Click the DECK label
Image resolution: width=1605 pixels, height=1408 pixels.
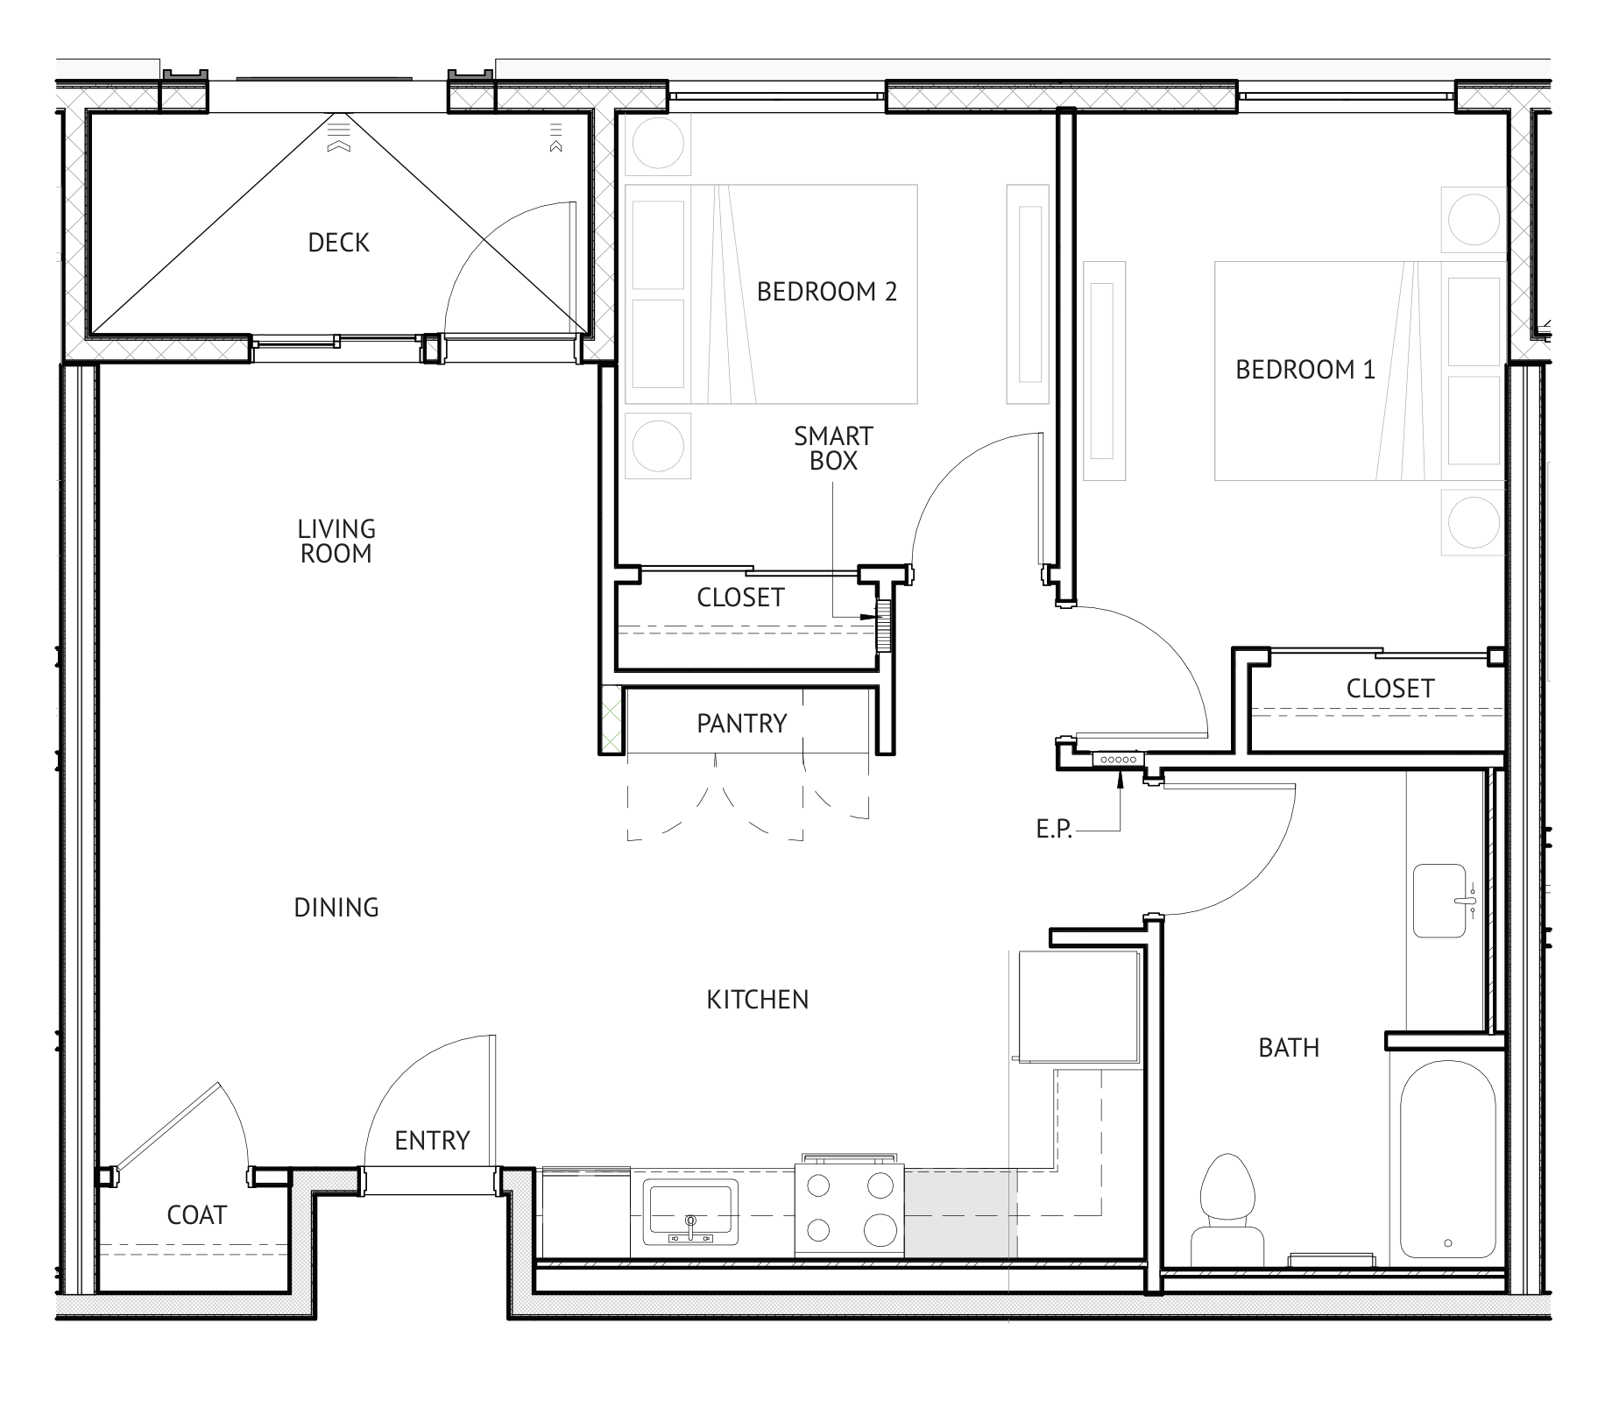pos(338,243)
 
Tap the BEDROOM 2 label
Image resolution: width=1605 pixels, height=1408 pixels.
pos(827,292)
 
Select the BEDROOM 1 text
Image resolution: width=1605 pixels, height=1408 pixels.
pos(1305,370)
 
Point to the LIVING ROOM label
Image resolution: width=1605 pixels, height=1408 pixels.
pos(336,541)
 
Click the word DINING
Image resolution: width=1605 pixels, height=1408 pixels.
pos(336,908)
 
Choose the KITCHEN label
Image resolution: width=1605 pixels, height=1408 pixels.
pos(758,1000)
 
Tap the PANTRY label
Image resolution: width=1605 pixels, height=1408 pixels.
pos(742,724)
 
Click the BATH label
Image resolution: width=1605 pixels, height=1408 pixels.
pos(1289,1048)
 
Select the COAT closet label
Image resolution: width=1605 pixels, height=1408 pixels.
pos(197,1215)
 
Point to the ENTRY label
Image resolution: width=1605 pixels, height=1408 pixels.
pos(432,1141)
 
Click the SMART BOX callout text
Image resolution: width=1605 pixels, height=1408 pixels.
pos(833,449)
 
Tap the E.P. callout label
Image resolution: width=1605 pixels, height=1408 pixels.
pos(1054,830)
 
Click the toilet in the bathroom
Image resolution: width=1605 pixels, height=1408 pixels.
pos(1227,1209)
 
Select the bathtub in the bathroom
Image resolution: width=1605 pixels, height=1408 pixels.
pos(1446,1159)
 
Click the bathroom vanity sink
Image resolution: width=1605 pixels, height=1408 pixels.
pos(1440,901)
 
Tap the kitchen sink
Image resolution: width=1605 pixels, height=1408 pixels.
pos(690,1212)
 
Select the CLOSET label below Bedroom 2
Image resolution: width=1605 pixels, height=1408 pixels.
pos(740,598)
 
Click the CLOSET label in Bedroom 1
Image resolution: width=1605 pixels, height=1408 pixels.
pos(1390,689)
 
